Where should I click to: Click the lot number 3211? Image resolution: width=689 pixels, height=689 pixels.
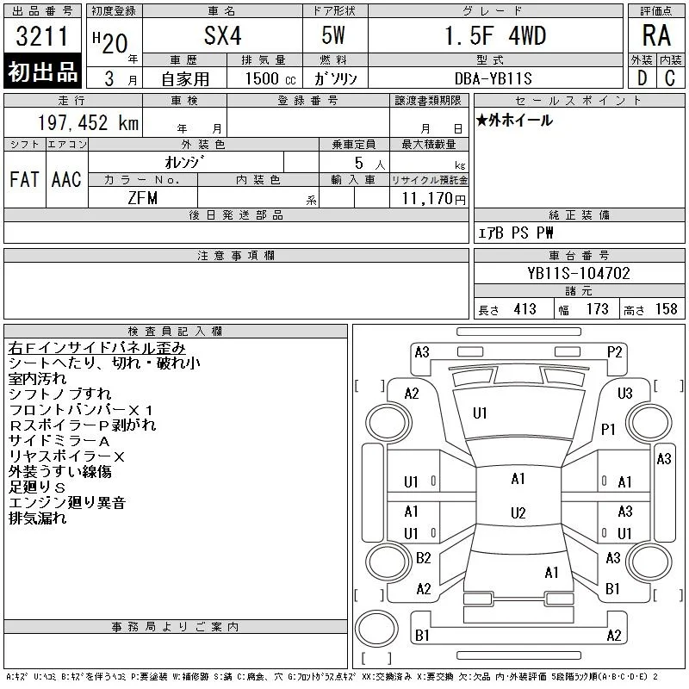click(41, 36)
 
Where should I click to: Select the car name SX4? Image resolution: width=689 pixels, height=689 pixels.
click(223, 35)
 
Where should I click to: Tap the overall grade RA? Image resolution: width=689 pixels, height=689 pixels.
click(656, 35)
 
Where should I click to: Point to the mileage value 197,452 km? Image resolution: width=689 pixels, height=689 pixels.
click(89, 122)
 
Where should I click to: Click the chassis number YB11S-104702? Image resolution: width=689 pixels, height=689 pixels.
click(579, 273)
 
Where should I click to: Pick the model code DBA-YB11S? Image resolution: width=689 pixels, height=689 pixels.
click(493, 78)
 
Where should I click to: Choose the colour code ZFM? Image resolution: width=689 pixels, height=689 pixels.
click(142, 198)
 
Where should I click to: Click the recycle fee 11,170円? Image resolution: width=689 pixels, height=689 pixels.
click(433, 199)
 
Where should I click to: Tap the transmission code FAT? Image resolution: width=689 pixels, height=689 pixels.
click(24, 179)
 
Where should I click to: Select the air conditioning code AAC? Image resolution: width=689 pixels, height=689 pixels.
click(66, 179)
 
